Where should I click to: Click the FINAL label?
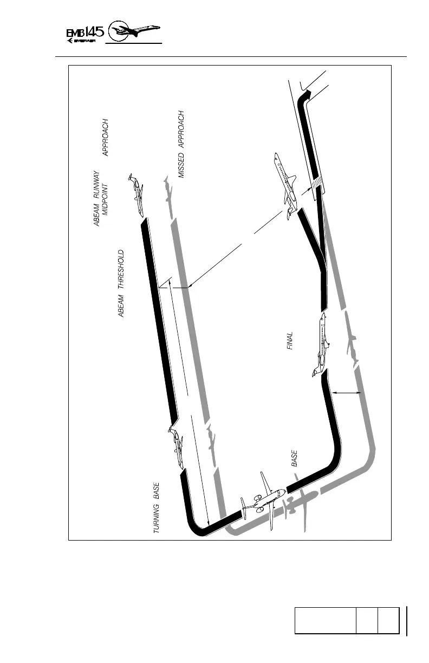pos(290,341)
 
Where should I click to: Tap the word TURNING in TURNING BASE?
pos(156,519)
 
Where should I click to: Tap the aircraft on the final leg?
pos(322,344)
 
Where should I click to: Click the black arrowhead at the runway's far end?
pos(307,96)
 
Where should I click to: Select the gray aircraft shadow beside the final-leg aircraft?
pos(353,347)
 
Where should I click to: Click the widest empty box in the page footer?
pos(325,620)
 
